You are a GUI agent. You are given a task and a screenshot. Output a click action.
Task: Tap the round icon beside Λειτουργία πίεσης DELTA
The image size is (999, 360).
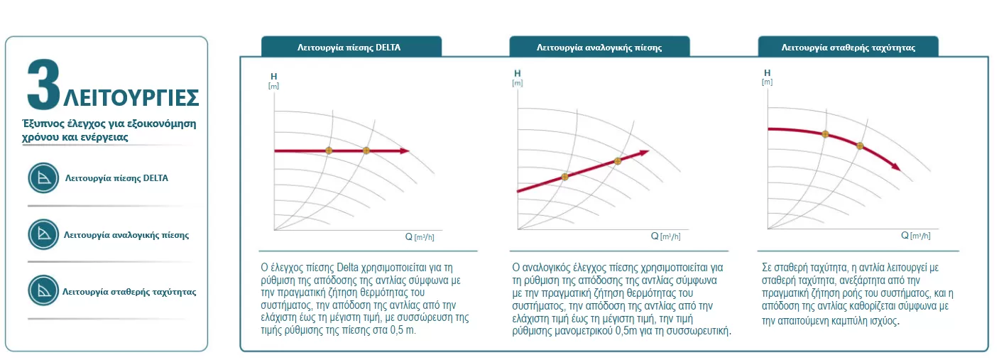coord(43,178)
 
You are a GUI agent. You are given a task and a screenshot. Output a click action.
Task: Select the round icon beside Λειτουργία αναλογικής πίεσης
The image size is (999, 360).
coord(43,234)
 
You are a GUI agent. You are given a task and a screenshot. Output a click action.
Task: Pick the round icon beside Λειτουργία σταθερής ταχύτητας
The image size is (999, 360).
coord(43,290)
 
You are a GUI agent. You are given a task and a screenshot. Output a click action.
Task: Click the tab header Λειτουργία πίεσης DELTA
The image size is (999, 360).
coord(351,48)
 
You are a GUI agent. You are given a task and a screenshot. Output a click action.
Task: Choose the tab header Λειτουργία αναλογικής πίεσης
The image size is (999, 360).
coord(599,48)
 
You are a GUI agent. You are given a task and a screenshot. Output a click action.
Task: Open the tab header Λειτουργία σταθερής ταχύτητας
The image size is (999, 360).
coord(848,48)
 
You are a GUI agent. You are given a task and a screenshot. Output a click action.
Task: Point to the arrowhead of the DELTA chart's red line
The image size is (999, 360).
coord(405,151)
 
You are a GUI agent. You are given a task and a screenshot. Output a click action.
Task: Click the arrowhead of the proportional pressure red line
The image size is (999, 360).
coord(645,152)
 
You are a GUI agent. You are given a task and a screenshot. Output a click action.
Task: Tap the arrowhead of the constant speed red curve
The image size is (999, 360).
coord(896,168)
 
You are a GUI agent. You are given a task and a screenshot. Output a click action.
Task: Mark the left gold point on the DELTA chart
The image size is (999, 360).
coord(328,151)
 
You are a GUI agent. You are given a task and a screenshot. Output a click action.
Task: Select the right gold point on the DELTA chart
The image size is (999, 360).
coord(366,151)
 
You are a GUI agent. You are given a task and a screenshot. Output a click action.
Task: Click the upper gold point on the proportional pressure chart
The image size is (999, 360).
coord(617,161)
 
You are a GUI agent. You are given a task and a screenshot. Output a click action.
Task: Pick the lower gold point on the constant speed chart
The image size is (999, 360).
coord(859,146)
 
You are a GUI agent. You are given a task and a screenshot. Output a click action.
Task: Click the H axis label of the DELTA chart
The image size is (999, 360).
coord(274,75)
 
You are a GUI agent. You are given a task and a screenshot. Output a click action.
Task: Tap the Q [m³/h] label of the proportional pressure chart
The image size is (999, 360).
coord(666,236)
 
